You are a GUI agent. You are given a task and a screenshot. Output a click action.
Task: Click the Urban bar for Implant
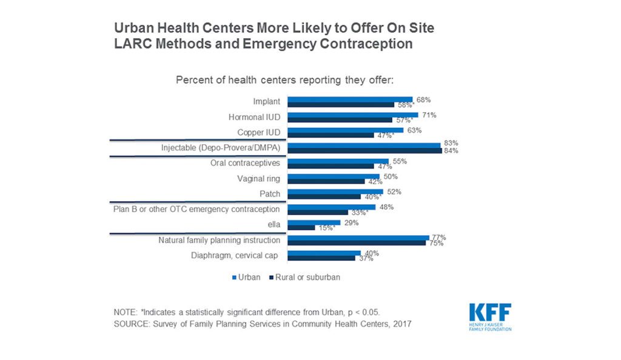tap(350, 99)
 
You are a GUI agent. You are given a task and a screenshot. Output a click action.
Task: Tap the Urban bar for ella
tap(314, 222)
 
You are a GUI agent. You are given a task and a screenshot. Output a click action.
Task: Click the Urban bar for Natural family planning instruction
tap(358, 238)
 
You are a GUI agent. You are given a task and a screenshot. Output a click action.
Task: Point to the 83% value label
tap(450, 143)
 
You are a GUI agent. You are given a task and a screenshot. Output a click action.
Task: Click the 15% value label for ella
tap(326, 228)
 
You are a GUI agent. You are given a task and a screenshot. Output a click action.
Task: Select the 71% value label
tap(428, 115)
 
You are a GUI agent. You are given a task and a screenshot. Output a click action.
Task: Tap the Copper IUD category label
tap(257, 132)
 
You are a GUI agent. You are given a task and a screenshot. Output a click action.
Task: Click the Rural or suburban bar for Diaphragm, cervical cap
tap(321, 258)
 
